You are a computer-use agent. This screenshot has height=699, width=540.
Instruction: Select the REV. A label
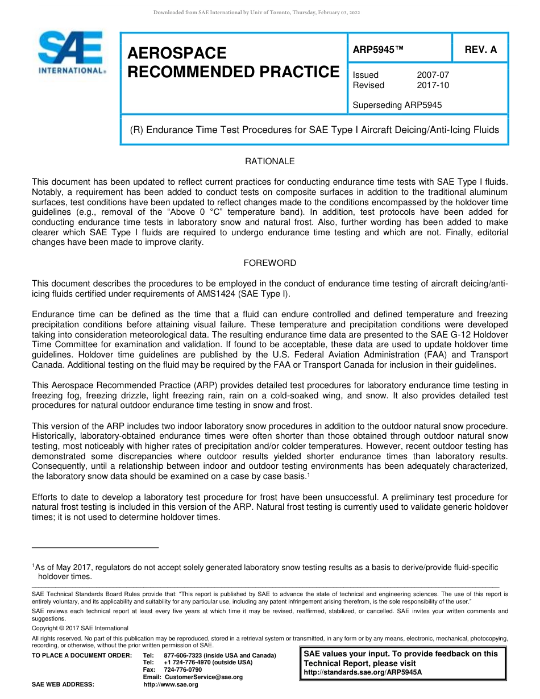pyautogui.click(x=480, y=49)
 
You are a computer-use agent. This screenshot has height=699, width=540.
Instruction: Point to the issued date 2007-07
pyautogui.click(x=433, y=75)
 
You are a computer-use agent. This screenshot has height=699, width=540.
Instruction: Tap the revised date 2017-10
pyautogui.click(x=433, y=85)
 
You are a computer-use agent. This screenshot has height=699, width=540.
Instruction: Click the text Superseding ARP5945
pyautogui.click(x=397, y=105)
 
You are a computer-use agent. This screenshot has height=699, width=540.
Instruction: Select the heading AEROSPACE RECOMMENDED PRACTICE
pyautogui.click(x=233, y=63)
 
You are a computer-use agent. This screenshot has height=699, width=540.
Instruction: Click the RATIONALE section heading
pyautogui.click(x=269, y=161)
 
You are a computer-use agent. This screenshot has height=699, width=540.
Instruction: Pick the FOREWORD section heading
pyautogui.click(x=269, y=263)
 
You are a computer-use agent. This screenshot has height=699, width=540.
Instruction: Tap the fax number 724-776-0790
pyautogui.click(x=182, y=669)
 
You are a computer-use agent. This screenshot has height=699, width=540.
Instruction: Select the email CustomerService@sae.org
pyautogui.click(x=203, y=677)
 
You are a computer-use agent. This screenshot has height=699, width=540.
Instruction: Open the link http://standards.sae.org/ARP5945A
pyautogui.click(x=363, y=672)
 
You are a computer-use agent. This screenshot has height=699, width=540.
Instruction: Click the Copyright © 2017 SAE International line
pyautogui.click(x=80, y=628)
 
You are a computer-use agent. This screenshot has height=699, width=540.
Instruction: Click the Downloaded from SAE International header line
pyautogui.click(x=256, y=13)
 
